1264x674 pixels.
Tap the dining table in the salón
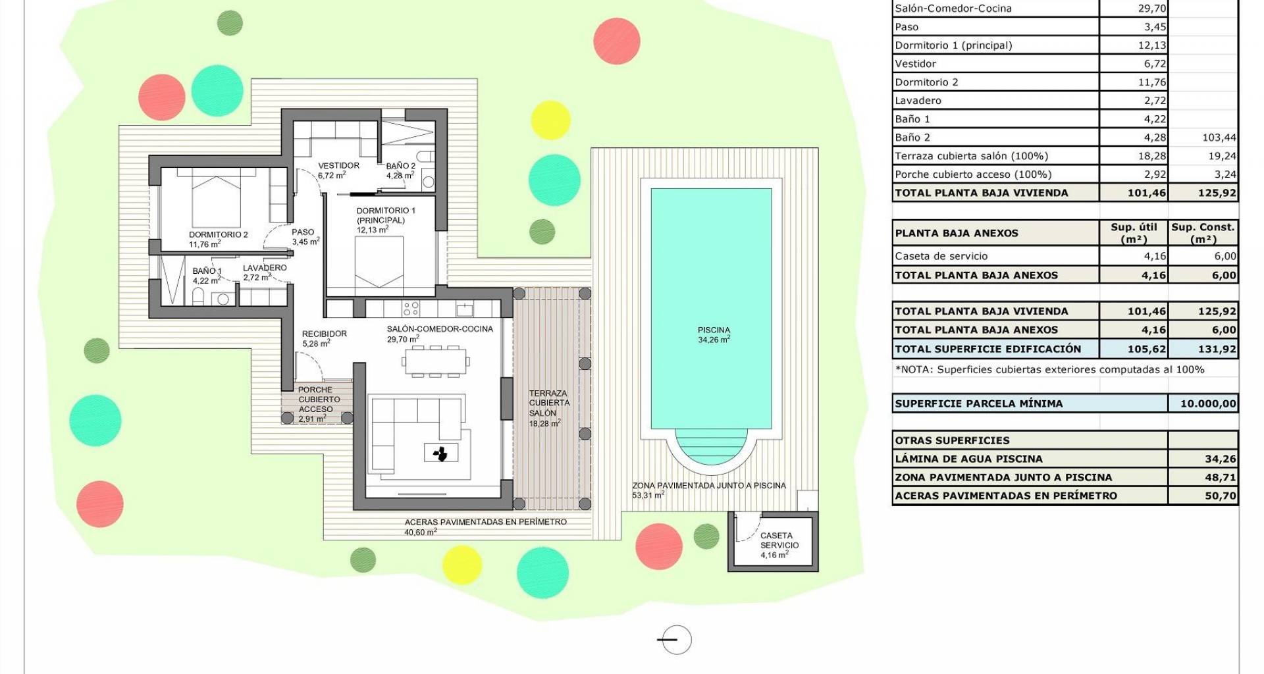436,361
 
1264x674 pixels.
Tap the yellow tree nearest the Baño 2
550,120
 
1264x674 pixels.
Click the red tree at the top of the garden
617,41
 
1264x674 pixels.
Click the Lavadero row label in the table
918,101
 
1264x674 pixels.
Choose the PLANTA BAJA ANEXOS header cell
957,233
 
